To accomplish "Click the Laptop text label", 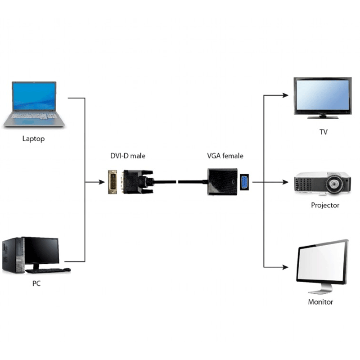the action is (33, 139).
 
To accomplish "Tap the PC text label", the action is (36, 283).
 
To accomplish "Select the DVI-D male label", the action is (128, 156).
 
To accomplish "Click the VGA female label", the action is (225, 156).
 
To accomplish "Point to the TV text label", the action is (323, 132).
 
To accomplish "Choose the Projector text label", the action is (325, 205).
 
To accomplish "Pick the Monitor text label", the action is (320, 301).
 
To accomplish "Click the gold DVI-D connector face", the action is (112, 182).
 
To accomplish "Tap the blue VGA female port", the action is (244, 182).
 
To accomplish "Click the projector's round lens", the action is (333, 184).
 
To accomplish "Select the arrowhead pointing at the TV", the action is (285, 95).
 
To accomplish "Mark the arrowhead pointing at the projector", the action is (285, 182).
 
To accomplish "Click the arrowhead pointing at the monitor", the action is (285, 267).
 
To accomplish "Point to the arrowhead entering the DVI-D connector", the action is (102, 182).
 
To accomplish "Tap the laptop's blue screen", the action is (34, 96).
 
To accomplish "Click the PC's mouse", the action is (67, 270).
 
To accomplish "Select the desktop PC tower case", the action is (13, 255).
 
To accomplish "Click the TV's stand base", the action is (323, 117).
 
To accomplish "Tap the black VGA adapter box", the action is (222, 182).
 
